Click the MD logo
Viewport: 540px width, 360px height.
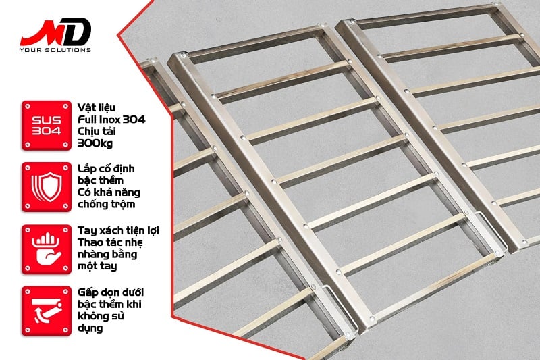click(55, 32)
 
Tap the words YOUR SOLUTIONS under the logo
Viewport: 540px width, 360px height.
click(55, 50)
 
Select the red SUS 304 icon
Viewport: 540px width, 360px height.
click(47, 126)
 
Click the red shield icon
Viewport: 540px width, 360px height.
click(47, 187)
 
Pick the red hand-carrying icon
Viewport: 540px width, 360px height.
click(47, 249)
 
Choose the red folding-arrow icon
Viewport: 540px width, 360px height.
click(47, 311)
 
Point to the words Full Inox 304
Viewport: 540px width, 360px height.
click(111, 120)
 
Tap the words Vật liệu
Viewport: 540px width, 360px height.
click(97, 107)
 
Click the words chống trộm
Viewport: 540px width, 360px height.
click(106, 204)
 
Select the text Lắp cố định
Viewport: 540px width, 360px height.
click(106, 169)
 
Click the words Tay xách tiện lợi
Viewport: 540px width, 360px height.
click(118, 230)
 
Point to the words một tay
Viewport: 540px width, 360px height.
click(97, 266)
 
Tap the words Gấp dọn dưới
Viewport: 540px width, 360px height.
click(111, 292)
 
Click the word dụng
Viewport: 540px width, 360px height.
click(90, 328)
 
